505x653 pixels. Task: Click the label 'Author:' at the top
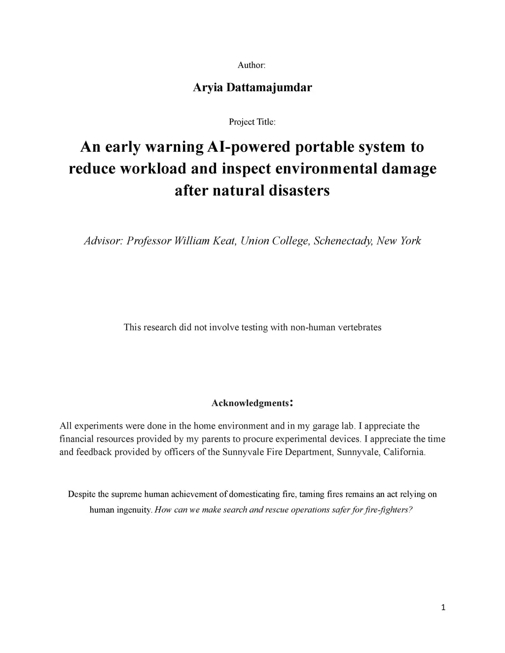pyautogui.click(x=252, y=65)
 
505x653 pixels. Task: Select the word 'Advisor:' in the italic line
pyautogui.click(x=103, y=241)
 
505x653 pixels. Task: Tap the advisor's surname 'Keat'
pyautogui.click(x=224, y=241)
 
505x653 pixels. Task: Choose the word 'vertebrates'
pyautogui.click(x=358, y=327)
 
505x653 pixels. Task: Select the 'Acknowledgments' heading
pyautogui.click(x=250, y=403)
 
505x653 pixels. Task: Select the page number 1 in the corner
pyautogui.click(x=443, y=608)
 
